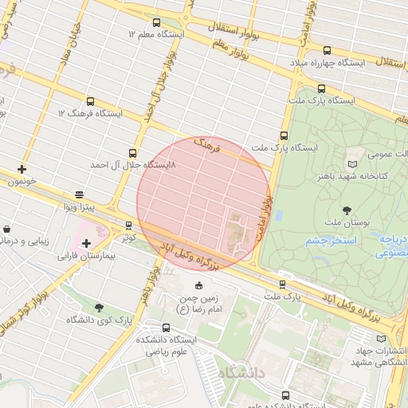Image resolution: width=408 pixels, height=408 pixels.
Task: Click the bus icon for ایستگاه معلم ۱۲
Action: (x=155, y=23)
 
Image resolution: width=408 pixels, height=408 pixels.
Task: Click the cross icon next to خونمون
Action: (x=22, y=169)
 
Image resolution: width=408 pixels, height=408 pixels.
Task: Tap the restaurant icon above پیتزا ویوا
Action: (x=79, y=194)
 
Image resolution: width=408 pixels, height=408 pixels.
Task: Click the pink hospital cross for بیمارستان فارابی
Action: (x=86, y=242)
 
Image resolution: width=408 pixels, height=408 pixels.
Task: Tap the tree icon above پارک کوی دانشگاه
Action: (x=99, y=308)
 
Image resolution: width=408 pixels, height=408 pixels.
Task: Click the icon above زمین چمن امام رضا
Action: (x=198, y=285)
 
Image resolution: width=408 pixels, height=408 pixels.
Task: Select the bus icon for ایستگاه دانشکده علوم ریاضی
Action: (x=166, y=328)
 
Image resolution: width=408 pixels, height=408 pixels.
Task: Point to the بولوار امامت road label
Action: (x=266, y=212)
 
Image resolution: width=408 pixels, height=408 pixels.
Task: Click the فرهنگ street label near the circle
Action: (x=209, y=146)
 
